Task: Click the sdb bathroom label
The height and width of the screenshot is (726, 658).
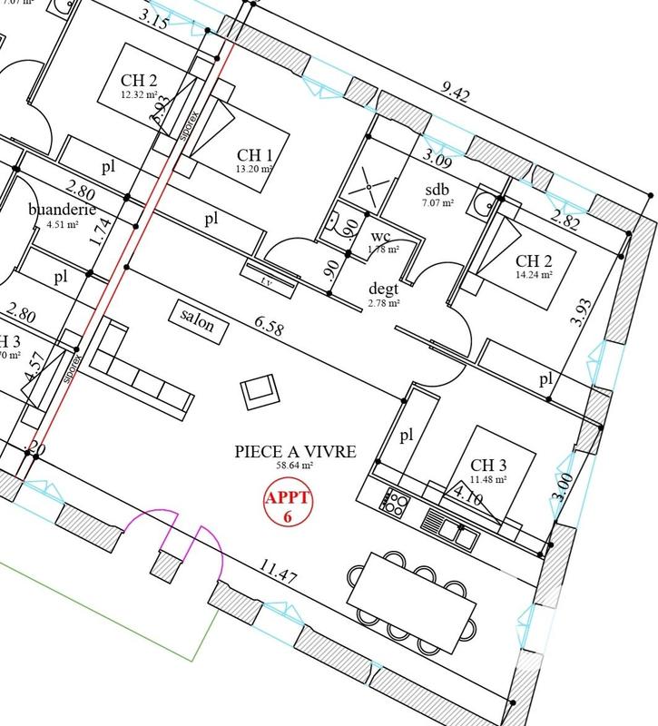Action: coord(437,188)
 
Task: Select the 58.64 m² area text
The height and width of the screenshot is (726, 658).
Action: coord(296,465)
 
